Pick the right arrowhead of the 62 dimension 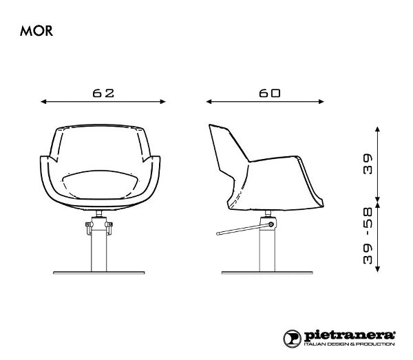[x=163, y=101]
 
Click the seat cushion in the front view [x=103, y=183]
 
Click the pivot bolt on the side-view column [x=272, y=224]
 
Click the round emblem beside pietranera [x=292, y=337]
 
